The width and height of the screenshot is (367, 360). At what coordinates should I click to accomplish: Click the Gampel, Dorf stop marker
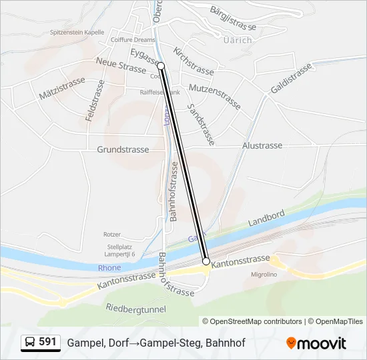point(161,66)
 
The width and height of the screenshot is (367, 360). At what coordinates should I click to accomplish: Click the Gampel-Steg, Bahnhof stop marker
point(206,261)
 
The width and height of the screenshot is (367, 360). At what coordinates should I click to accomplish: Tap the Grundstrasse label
point(123,149)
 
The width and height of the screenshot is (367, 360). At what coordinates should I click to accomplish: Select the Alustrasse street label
point(262,145)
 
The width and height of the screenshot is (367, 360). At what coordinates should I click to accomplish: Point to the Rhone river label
point(109,268)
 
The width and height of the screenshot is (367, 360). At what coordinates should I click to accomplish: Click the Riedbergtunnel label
point(135,309)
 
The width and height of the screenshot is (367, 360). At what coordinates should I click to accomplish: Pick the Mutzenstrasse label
point(214,96)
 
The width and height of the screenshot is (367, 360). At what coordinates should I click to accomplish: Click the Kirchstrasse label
point(194,61)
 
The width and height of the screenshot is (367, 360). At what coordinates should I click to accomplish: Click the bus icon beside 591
point(31,342)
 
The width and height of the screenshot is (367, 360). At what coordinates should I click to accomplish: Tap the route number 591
point(47,342)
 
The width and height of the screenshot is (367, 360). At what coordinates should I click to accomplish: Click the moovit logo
point(316,343)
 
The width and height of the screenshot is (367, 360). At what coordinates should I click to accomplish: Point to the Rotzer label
point(112,235)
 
